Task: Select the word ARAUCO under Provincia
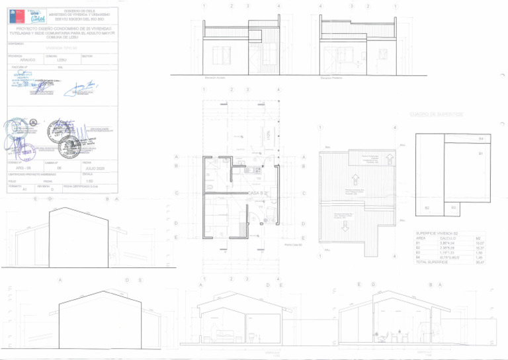(28, 60)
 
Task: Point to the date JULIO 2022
(97, 169)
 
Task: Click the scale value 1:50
(89, 180)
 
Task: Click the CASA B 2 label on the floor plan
(257, 192)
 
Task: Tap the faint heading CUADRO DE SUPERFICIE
(435, 114)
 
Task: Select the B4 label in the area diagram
(481, 138)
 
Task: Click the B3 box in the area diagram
(453, 207)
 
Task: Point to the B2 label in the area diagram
(427, 208)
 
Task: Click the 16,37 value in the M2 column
(480, 247)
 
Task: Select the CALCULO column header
(450, 238)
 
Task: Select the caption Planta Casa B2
(293, 245)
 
